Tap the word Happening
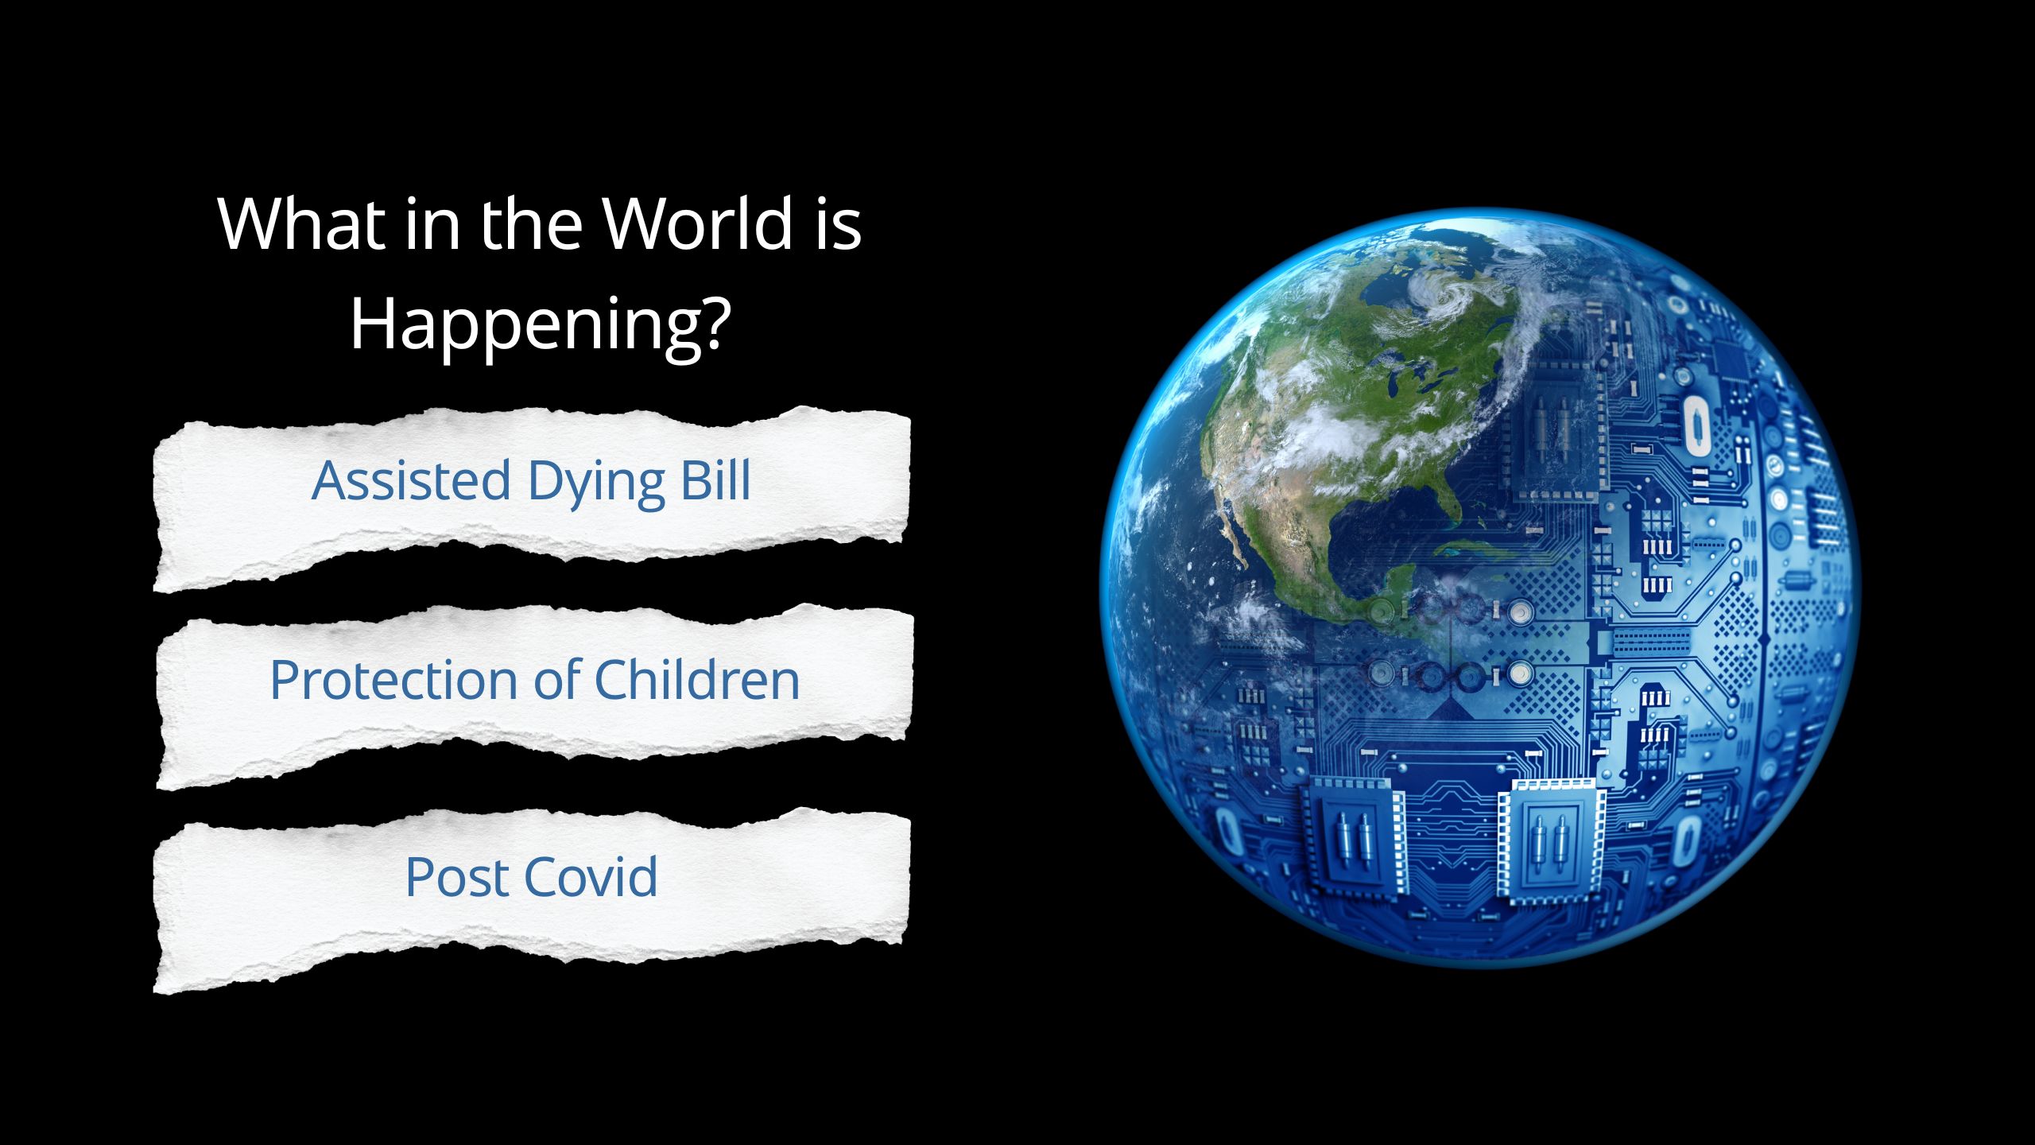click(x=525, y=326)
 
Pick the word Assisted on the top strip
click(x=411, y=481)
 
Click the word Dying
click(x=596, y=483)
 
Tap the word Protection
click(x=394, y=680)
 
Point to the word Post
click(x=456, y=877)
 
